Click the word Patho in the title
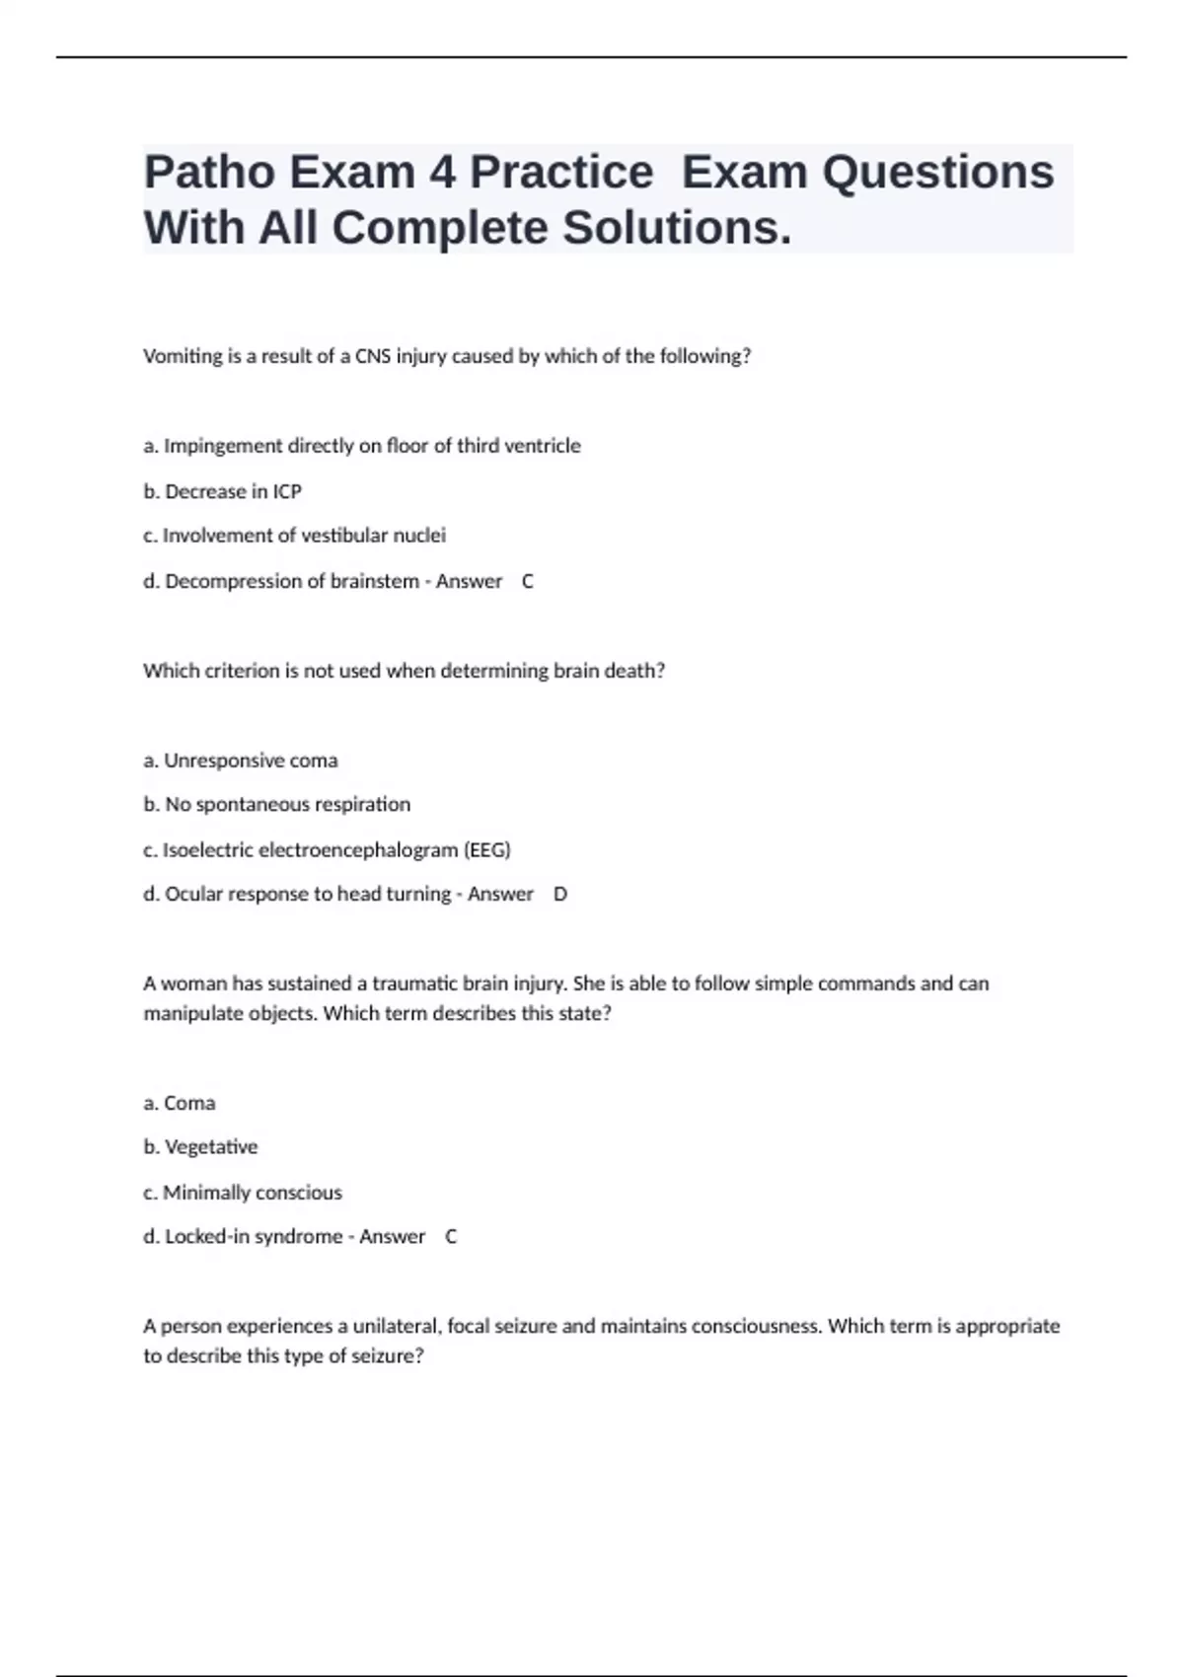coord(208,172)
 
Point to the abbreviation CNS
coord(373,356)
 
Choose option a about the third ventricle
coord(362,446)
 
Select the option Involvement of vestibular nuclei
coord(295,536)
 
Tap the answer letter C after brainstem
coord(528,581)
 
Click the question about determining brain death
coord(404,671)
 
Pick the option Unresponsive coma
coord(241,761)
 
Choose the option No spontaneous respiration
coord(277,805)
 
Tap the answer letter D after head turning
coord(560,894)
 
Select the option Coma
coord(180,1103)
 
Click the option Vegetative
coord(201,1147)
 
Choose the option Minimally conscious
coord(243,1193)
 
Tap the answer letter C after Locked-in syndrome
coord(451,1236)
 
